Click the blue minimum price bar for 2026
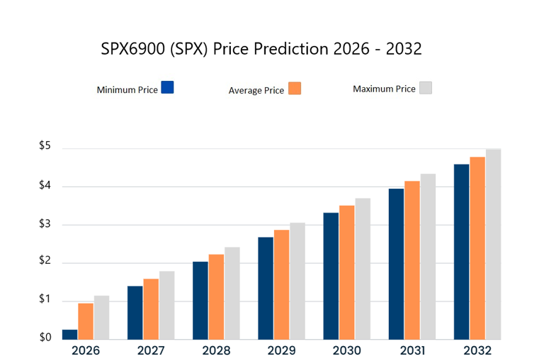click(69, 334)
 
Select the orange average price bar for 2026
click(86, 321)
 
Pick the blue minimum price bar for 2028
click(200, 300)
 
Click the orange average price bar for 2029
click(281, 284)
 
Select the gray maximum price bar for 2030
click(363, 268)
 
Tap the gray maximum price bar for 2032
click(493, 243)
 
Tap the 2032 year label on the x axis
click(477, 350)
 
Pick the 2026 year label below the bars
click(85, 350)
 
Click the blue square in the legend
click(168, 87)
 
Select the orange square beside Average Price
click(295, 89)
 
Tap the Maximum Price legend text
click(384, 89)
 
